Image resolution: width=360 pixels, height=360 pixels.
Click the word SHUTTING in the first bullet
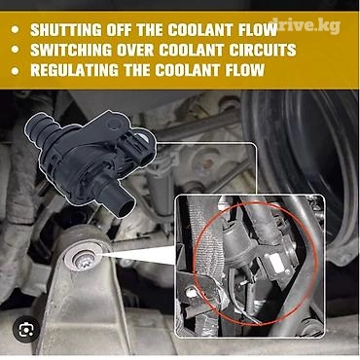tap(64, 30)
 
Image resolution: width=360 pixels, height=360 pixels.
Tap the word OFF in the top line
tap(118, 30)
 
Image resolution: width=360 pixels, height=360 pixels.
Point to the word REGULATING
tap(75, 70)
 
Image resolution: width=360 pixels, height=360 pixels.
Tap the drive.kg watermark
tap(306, 26)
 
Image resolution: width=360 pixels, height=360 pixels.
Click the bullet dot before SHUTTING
tap(15, 30)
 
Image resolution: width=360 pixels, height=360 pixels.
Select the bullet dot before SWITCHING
tap(15, 51)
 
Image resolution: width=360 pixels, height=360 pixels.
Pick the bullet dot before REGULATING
tap(15, 71)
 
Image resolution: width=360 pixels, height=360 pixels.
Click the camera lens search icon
tap(26, 330)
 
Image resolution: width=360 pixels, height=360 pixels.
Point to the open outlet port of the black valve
tap(126, 206)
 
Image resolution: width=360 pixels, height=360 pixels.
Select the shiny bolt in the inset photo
tap(191, 293)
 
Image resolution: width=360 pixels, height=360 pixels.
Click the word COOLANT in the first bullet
tap(195, 30)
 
